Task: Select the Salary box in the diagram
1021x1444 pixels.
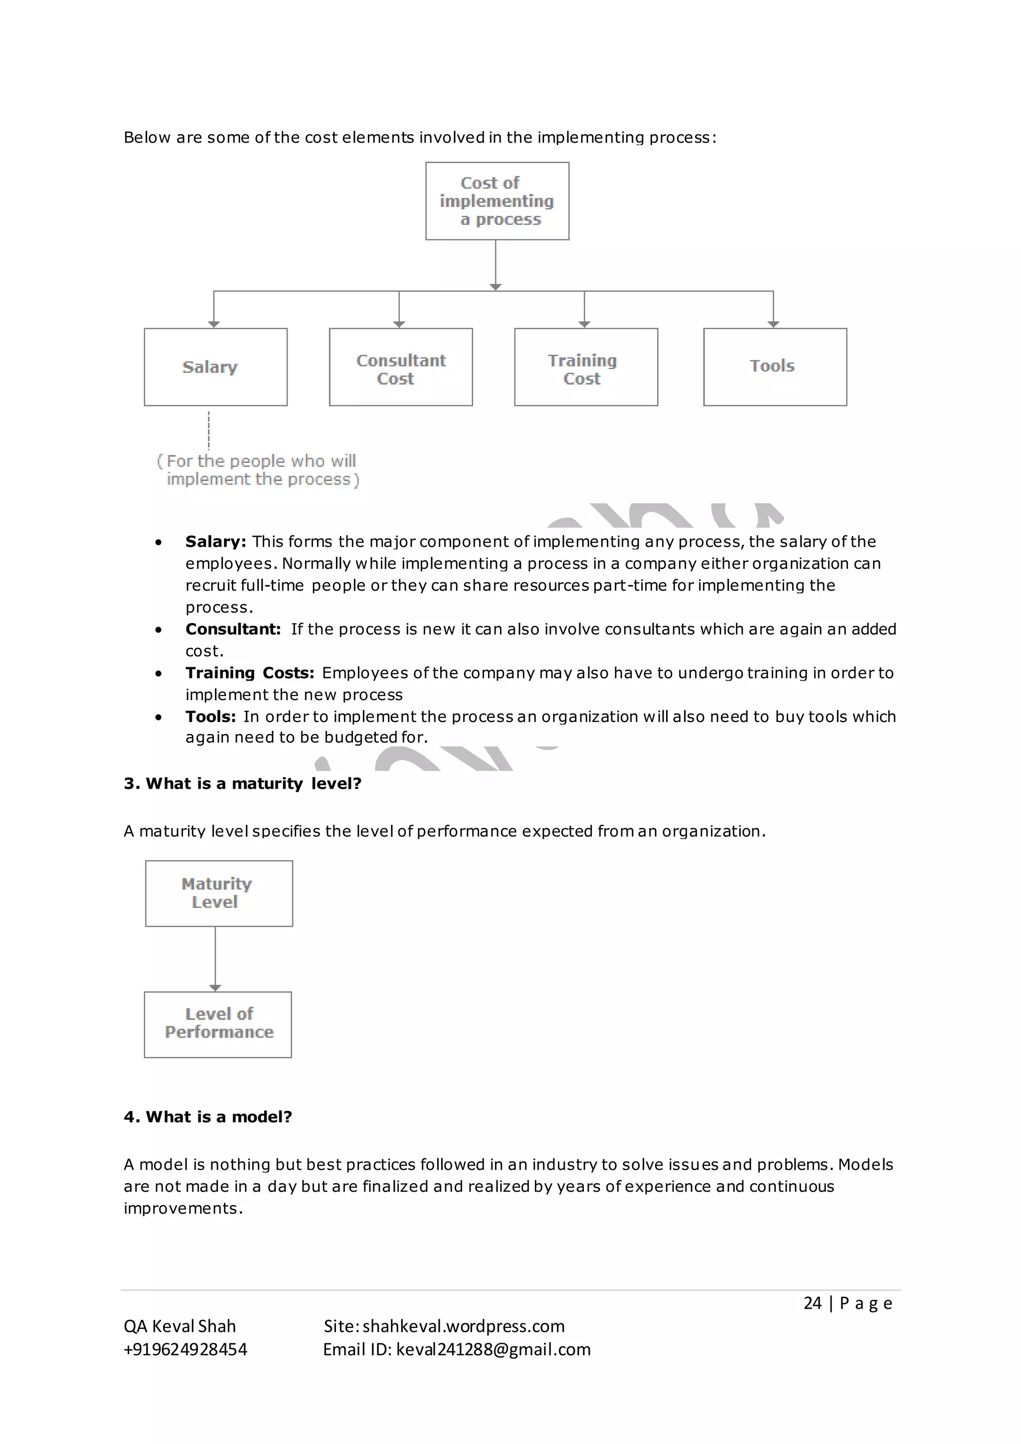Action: [216, 367]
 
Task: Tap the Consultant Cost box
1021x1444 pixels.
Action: [400, 367]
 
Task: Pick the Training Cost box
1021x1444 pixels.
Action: [585, 367]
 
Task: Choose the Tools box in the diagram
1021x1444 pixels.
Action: [775, 367]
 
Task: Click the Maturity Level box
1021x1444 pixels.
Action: [219, 893]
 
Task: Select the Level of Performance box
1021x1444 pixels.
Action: [218, 1025]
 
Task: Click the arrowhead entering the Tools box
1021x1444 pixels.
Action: [773, 324]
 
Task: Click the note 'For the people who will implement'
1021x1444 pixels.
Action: [258, 470]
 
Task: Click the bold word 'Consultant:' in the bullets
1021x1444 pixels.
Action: [233, 629]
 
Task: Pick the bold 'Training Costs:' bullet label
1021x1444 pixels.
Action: [250, 673]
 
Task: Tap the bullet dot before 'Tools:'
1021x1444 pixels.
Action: [159, 717]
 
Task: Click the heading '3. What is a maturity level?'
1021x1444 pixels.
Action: [242, 784]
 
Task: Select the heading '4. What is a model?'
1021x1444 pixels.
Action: [207, 1117]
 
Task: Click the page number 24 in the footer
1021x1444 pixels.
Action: [812, 1303]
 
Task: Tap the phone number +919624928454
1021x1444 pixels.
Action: [185, 1350]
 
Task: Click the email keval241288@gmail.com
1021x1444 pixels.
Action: [493, 1350]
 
